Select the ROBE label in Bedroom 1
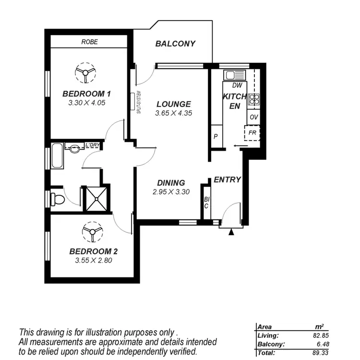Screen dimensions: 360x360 coord(89,42)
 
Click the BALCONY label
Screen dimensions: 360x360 coord(175,44)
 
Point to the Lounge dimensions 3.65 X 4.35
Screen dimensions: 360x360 coord(173,113)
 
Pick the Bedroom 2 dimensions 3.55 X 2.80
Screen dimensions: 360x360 coord(94,261)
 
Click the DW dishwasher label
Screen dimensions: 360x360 coord(236,85)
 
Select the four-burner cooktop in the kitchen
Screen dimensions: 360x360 coord(253,99)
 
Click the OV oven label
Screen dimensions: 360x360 coord(253,117)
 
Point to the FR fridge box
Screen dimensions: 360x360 coord(252,132)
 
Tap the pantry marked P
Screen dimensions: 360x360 coord(216,136)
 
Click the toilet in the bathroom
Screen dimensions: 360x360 coord(57,198)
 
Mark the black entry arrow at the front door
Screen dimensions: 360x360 coord(231,232)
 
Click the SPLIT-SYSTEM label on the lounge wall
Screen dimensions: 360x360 coord(139,101)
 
